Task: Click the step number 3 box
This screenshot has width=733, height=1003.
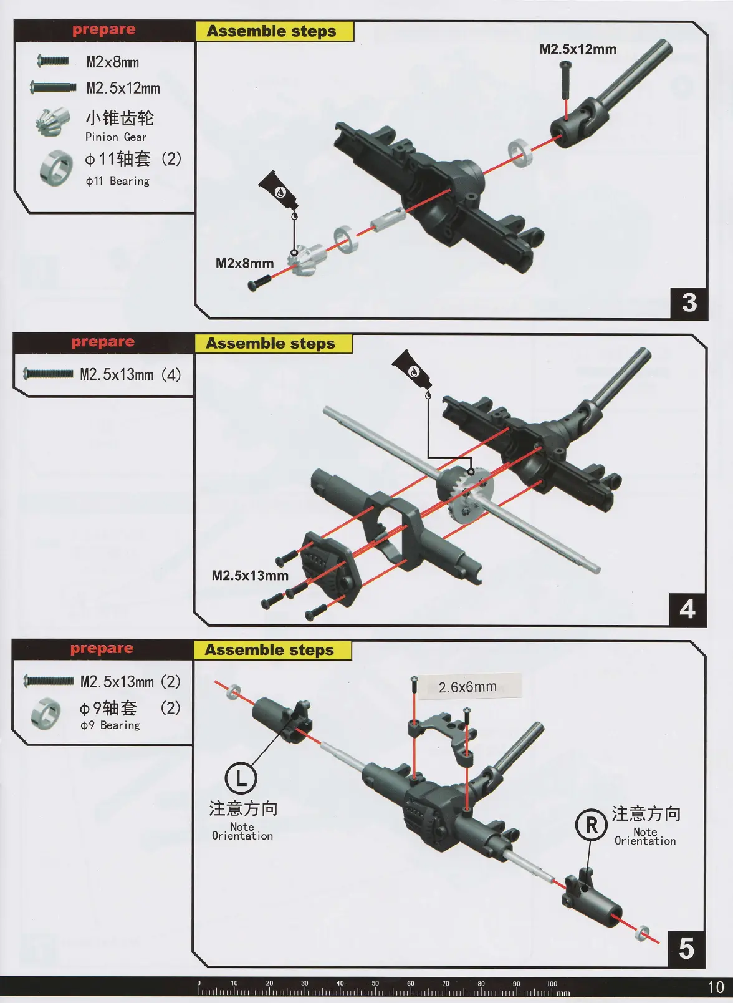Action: click(x=689, y=303)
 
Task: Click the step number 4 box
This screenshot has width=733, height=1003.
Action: click(x=687, y=609)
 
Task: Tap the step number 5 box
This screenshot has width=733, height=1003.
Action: click(x=686, y=949)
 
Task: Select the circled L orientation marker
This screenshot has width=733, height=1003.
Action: click(x=241, y=778)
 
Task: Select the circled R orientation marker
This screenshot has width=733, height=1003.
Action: click(x=591, y=825)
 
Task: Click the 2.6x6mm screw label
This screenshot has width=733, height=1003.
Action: click(x=468, y=687)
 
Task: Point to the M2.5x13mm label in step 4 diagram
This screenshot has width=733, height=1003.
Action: click(x=250, y=576)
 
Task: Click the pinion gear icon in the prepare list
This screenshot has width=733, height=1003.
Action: click(x=49, y=122)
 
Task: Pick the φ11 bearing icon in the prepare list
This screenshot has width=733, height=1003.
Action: click(x=56, y=168)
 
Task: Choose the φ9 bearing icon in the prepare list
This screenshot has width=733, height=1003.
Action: click(x=46, y=713)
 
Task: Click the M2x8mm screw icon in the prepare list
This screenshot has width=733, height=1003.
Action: click(x=53, y=61)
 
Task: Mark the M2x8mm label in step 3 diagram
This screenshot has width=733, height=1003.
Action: click(x=244, y=264)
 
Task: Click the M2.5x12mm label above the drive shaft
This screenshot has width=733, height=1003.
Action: click(x=578, y=49)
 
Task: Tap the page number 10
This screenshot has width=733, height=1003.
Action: click(x=716, y=987)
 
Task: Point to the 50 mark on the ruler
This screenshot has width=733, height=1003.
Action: click(x=375, y=984)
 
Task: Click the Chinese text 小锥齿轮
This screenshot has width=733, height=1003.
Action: click(x=120, y=118)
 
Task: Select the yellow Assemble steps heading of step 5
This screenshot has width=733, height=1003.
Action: click(x=270, y=651)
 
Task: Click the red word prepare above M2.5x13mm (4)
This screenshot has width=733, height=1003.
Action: click(x=103, y=342)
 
